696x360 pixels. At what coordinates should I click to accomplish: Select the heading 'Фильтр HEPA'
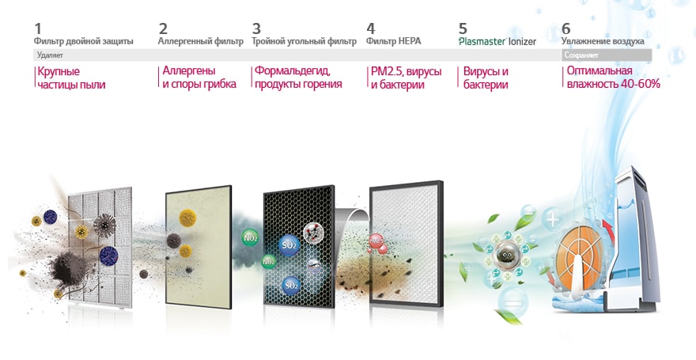coord(394,41)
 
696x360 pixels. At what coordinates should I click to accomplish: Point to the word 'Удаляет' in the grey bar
coord(50,56)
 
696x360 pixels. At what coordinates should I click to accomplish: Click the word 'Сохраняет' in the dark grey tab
coord(581,56)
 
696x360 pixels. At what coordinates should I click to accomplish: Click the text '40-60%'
coord(640,84)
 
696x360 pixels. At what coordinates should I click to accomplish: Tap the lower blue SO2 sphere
coord(291,282)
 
